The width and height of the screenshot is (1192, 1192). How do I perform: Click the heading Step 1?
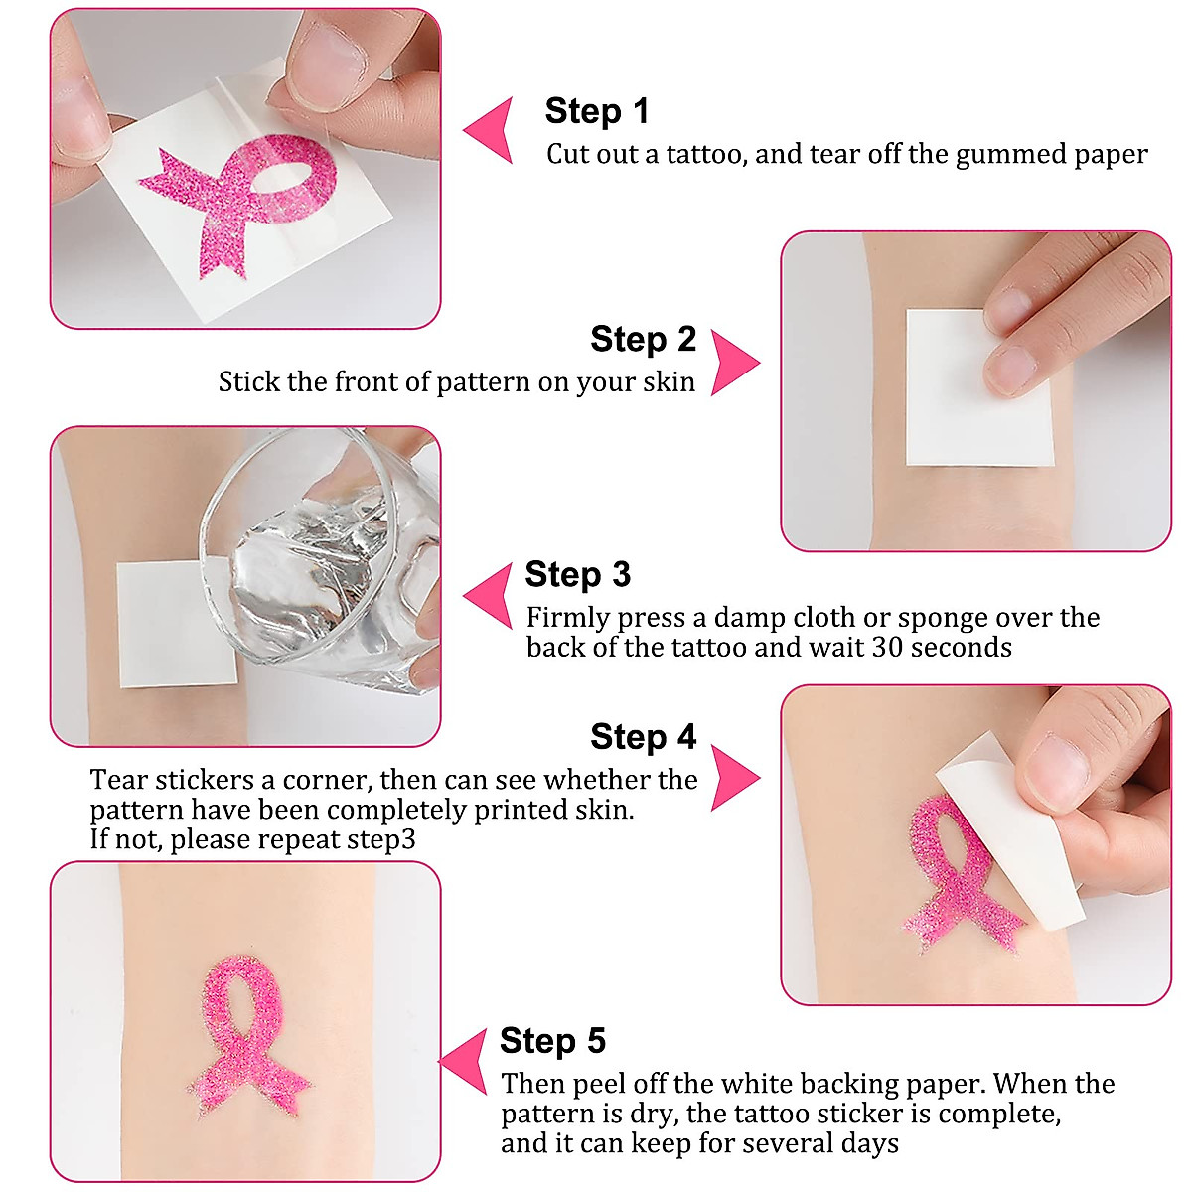pyautogui.click(x=596, y=111)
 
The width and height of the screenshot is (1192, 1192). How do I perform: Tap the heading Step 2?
pyautogui.click(x=643, y=340)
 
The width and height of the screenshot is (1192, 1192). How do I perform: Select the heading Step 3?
pyautogui.click(x=577, y=575)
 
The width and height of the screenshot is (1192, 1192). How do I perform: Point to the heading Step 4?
pyautogui.click(x=643, y=737)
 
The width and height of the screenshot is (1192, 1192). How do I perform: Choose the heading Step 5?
pyautogui.click(x=552, y=1041)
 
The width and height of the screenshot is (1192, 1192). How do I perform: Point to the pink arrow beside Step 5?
pyautogui.click(x=468, y=1061)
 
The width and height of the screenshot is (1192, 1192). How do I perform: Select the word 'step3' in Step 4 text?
pyautogui.click(x=381, y=840)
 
